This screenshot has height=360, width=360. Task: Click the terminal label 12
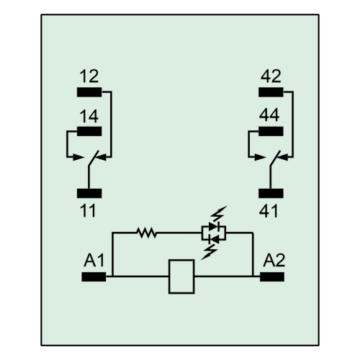89,76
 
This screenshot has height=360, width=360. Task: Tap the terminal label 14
89,116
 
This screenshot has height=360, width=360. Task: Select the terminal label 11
88,211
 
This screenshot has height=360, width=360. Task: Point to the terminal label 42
271,76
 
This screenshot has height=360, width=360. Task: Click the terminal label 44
269,115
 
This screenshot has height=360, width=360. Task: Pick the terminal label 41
269,211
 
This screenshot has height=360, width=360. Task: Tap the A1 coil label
94,260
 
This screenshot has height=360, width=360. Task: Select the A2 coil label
274,260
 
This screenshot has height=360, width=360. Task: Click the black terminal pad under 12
89,92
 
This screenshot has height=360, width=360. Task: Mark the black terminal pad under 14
89,131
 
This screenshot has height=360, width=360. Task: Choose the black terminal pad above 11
89,193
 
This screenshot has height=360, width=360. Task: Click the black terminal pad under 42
271,92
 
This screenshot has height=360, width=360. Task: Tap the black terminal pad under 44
271,131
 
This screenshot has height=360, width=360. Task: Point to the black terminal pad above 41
271,193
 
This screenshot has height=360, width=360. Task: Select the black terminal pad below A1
94,276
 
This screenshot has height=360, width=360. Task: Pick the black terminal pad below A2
272,276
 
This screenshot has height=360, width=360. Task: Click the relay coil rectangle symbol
181,260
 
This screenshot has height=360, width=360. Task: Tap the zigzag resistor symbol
146,233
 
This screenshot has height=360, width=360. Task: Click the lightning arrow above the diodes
218,214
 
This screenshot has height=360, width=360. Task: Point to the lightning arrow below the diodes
210,252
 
